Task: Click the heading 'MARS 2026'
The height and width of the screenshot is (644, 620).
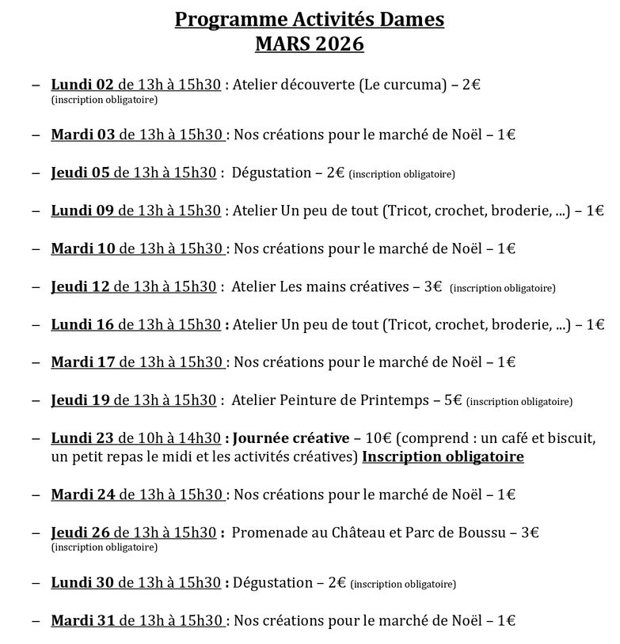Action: click(310, 44)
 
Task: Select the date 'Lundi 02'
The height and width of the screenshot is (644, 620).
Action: click(82, 85)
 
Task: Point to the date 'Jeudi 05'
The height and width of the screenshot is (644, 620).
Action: click(81, 172)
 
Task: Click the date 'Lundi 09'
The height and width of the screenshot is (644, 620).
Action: click(82, 210)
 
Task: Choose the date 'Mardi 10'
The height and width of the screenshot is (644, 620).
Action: click(83, 248)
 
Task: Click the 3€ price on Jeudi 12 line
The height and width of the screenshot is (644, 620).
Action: click(432, 286)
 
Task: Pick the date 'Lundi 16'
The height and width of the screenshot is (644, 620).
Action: click(82, 324)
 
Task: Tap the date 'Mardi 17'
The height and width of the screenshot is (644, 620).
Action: click(83, 362)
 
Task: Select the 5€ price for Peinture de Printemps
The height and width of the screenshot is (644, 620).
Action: click(453, 400)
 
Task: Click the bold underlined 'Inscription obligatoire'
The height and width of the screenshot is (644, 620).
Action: click(443, 457)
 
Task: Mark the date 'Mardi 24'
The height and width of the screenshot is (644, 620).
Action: click(83, 494)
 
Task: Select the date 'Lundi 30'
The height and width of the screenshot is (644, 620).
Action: click(82, 583)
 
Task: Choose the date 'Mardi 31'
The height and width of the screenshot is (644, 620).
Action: click(83, 621)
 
